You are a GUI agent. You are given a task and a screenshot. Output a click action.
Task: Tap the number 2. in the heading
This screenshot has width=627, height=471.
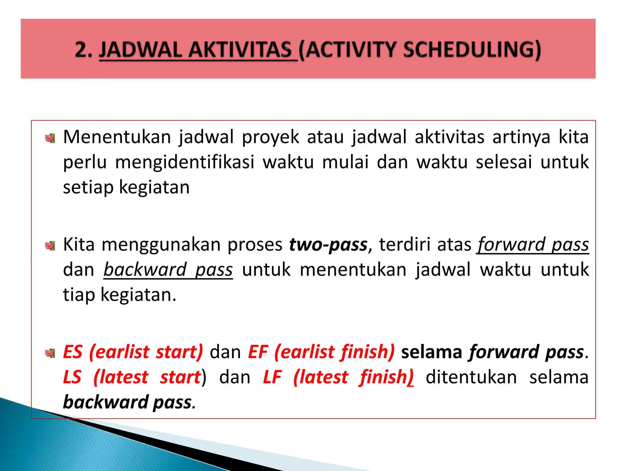click(83, 50)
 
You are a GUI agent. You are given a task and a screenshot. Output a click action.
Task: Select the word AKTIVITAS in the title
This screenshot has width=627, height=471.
click(240, 50)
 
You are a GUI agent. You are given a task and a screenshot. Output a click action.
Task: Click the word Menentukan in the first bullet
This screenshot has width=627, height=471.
click(117, 137)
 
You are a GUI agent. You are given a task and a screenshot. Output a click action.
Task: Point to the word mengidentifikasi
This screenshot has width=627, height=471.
click(185, 162)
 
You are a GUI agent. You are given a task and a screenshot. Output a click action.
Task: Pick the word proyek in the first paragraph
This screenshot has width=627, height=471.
click(270, 137)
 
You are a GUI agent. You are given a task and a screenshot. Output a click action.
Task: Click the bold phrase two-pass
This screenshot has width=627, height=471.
click(328, 245)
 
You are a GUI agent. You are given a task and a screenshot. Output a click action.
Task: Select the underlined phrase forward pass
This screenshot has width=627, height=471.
click(533, 245)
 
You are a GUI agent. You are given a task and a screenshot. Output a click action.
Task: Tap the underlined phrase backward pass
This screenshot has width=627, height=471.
click(168, 270)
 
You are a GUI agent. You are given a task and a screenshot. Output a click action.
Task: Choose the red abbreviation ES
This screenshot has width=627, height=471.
click(73, 352)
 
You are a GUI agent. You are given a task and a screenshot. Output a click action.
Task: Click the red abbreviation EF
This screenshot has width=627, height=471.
click(258, 352)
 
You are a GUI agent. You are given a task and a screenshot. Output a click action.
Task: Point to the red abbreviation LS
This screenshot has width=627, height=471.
click(72, 377)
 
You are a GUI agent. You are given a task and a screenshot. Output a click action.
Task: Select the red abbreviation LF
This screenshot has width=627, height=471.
click(272, 377)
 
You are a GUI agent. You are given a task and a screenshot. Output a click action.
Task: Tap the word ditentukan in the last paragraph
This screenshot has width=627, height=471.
click(471, 377)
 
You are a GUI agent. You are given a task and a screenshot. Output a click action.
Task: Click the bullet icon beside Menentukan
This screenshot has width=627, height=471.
click(50, 139)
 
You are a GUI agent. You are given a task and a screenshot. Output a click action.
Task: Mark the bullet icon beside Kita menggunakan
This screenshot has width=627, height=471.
click(50, 246)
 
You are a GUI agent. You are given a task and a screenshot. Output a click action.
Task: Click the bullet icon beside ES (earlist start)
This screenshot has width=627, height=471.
click(50, 353)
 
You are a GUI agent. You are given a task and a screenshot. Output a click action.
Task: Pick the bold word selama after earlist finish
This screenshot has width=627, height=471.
click(431, 352)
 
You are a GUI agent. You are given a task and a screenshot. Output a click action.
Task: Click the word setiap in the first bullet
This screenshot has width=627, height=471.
click(88, 187)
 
